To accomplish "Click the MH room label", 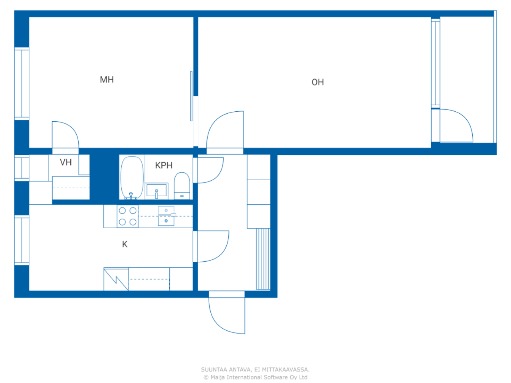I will tap(107, 80).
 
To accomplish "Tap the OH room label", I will tap(317, 82).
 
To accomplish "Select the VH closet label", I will tap(66, 162).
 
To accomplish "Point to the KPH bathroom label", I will tap(164, 165).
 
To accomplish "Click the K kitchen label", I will tap(125, 244).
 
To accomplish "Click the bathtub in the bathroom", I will tap(132, 178).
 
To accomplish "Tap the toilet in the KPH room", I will tap(182, 186).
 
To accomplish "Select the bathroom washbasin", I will tap(156, 191).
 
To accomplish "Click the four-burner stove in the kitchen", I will tap(128, 216).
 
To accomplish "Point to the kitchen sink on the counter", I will tap(166, 216).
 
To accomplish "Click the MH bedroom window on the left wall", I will tap(22, 83).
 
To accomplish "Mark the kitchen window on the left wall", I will tap(22, 240).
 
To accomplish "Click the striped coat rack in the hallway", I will tap(263, 259).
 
